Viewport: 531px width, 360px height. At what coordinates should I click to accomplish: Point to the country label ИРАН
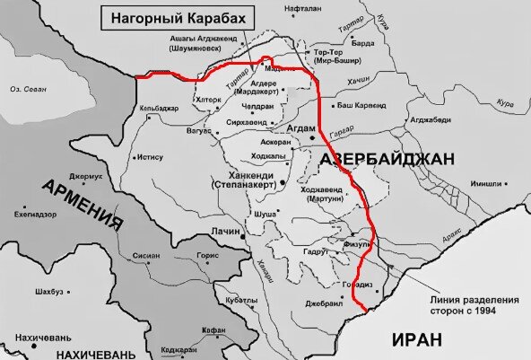[x=418, y=339]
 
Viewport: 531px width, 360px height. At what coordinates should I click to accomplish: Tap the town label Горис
[x=207, y=255]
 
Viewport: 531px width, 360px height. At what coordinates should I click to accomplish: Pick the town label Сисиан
[x=146, y=255]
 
